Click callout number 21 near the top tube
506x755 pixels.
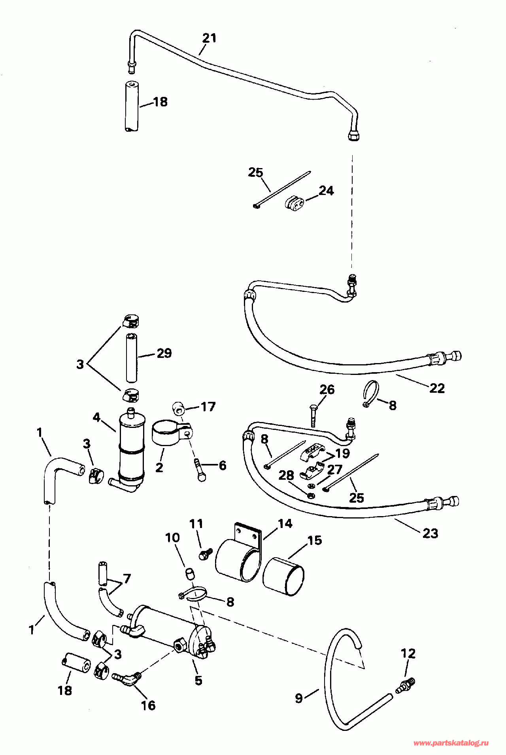(x=210, y=38)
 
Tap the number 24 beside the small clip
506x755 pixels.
(x=326, y=191)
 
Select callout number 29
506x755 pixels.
(x=164, y=353)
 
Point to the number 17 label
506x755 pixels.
(x=208, y=407)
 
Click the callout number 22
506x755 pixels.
(x=437, y=388)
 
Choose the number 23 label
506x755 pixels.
(x=430, y=533)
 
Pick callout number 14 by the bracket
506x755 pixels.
(x=285, y=524)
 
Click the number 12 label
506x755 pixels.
(x=408, y=653)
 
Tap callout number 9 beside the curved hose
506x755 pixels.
(x=299, y=698)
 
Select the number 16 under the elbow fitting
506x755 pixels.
(x=148, y=705)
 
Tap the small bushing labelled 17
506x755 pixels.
(x=178, y=408)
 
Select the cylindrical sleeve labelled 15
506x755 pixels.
(x=283, y=576)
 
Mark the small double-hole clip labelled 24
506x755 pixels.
(x=295, y=203)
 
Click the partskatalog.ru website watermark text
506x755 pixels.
(x=451, y=743)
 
